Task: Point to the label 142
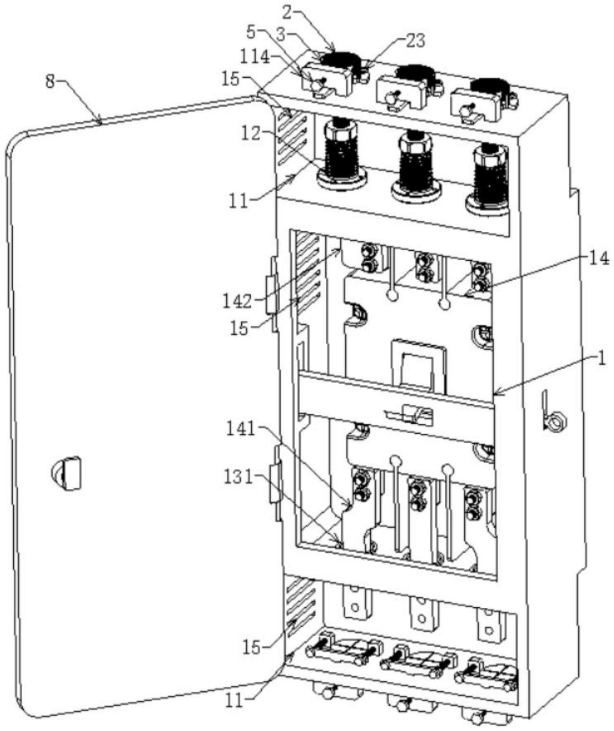click(x=237, y=301)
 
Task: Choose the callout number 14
click(x=599, y=259)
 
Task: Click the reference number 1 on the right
click(x=601, y=358)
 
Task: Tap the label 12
click(x=250, y=134)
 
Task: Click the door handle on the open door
click(x=67, y=473)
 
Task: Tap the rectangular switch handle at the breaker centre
click(x=417, y=365)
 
